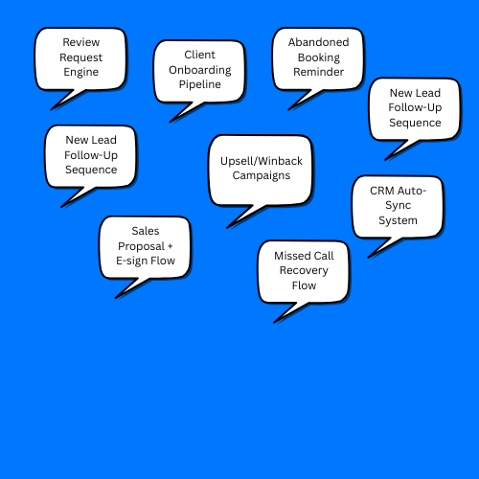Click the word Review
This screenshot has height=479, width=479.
coord(81,42)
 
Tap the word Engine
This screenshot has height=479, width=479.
coord(81,72)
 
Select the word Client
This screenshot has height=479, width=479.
coord(200,55)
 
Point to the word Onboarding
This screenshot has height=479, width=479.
coord(200,70)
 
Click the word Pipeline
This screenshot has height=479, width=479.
coord(200,84)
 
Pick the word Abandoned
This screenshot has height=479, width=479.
coord(319,42)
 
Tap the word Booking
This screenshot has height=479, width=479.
coord(319,57)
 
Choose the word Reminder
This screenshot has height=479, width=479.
coord(319,72)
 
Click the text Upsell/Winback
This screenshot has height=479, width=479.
coord(262,161)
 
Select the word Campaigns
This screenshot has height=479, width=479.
coord(262,175)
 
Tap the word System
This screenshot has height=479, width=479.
coord(398,220)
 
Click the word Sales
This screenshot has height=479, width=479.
coord(146,231)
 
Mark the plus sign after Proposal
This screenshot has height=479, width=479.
coord(170,246)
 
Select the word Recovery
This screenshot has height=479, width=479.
coord(304,271)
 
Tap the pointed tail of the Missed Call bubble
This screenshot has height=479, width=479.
coord(274,323)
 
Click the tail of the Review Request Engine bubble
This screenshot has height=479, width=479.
coord(52,109)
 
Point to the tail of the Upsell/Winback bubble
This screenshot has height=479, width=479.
coord(227,228)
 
